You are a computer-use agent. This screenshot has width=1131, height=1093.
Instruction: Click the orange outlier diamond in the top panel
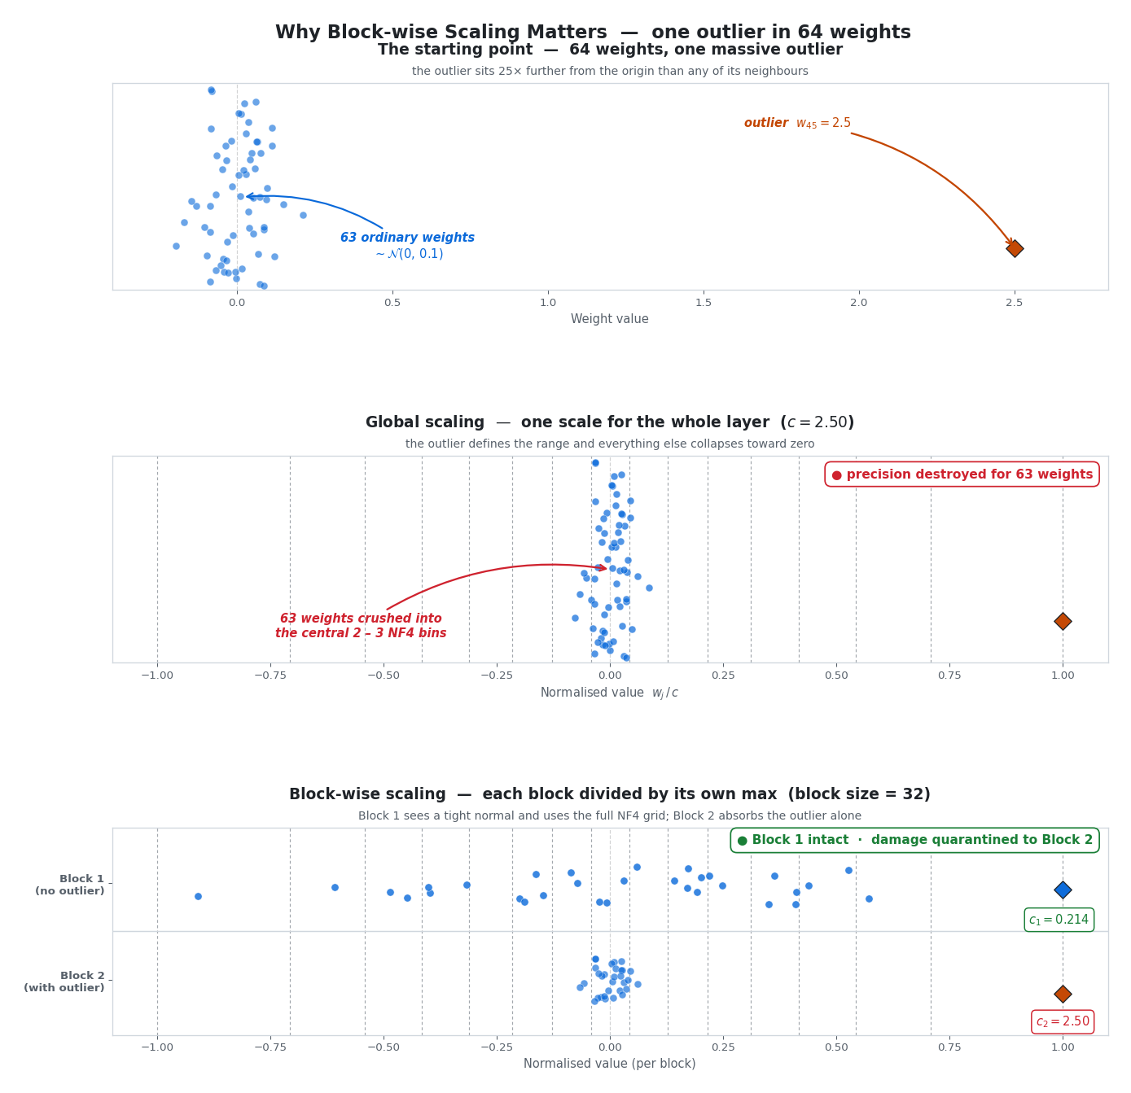1014,248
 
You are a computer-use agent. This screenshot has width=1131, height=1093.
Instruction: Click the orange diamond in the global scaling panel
1062,621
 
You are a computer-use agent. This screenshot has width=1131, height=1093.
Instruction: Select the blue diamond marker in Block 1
1062,890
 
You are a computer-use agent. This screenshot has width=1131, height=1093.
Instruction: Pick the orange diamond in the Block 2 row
1062,994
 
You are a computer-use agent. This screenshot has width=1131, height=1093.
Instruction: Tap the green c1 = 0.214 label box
1059,920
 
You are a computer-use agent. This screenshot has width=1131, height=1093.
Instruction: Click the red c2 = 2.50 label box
1062,1021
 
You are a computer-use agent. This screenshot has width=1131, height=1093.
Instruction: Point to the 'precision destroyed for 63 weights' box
962,474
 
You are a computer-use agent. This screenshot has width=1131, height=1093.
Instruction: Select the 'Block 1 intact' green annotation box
914,840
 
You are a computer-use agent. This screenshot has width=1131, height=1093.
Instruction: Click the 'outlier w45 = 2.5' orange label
797,123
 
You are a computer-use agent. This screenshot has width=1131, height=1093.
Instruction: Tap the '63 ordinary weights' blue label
407,238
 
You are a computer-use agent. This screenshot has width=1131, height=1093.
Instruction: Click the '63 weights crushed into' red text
361,619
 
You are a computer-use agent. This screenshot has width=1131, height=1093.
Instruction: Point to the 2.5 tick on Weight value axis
1014,303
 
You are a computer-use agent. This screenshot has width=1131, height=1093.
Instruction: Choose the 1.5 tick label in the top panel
704,303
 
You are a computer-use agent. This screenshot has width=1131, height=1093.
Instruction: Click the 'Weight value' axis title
609,319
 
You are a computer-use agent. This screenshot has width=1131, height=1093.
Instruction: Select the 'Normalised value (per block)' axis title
609,1064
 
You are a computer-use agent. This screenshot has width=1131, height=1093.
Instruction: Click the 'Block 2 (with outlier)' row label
64,982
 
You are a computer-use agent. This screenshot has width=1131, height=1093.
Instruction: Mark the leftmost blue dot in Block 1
198,896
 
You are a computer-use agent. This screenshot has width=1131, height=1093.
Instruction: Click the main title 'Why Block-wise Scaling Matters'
593,33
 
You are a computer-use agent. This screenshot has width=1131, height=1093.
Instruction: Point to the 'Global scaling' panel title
609,422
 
